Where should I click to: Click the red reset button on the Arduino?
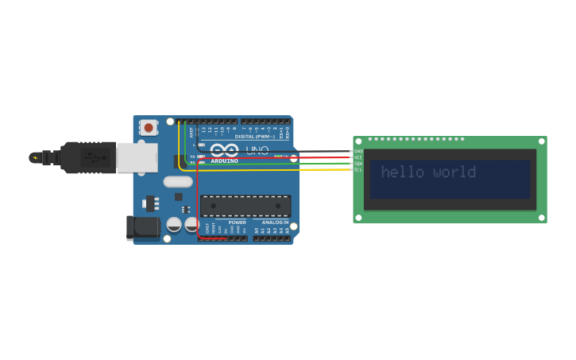coord(149,127)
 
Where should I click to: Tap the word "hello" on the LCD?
coord(403,172)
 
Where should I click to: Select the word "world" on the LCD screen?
coord(454,172)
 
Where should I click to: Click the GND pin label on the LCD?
coord(358,151)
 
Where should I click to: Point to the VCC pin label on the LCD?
coord(358,157)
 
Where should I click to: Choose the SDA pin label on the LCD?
coord(358,164)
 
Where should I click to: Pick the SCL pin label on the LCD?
coord(358,169)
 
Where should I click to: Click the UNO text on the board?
coord(257,150)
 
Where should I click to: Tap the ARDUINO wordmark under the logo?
coord(224,161)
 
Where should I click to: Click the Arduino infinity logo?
coord(224,150)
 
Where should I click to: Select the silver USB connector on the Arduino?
coord(137,157)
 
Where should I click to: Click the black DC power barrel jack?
coord(143,228)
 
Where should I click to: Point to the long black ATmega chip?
coord(245,207)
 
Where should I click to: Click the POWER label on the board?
coord(238,223)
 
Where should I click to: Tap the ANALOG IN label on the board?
coord(275,223)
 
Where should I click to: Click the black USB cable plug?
coord(88,157)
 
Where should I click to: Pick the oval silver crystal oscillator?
coord(178,181)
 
